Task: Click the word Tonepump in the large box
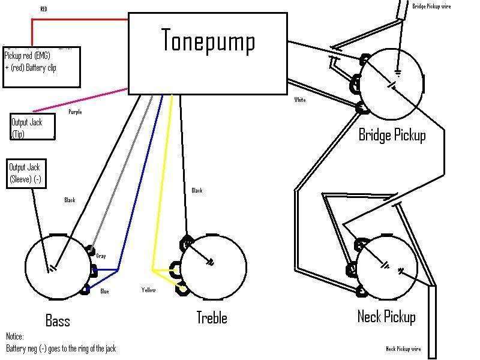pos(208,41)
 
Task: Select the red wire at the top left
pos(78,19)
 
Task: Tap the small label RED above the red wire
pos(44,9)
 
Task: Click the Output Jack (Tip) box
pos(33,127)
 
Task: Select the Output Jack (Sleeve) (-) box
pos(26,173)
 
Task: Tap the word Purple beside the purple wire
pos(75,112)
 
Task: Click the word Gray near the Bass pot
pos(101,256)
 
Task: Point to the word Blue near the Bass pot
pos(104,292)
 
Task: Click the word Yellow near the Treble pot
pos(148,290)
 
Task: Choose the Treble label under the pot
pos(211,317)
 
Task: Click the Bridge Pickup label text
pos(392,134)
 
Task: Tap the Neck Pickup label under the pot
pos(386,316)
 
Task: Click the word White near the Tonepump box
pos(300,100)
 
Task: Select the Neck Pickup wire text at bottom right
pos(403,349)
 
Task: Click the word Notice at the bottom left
pos(16,336)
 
